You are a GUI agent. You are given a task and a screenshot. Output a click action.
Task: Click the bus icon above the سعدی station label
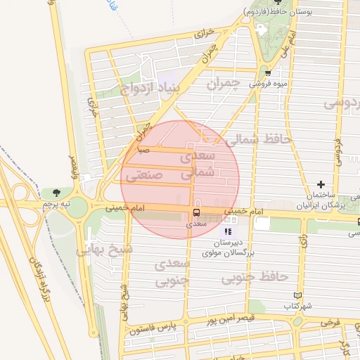tap(195, 212)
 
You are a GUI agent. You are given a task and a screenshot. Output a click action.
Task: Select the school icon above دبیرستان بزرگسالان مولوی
tap(227, 231)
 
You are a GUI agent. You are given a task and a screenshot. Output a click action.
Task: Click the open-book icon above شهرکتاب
tap(298, 295)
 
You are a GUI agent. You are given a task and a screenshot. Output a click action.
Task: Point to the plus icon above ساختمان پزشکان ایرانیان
tap(321, 184)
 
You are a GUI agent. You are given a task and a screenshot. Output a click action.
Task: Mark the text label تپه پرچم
tap(56, 203)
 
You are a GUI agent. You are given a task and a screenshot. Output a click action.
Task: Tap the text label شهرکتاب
tap(298, 307)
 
